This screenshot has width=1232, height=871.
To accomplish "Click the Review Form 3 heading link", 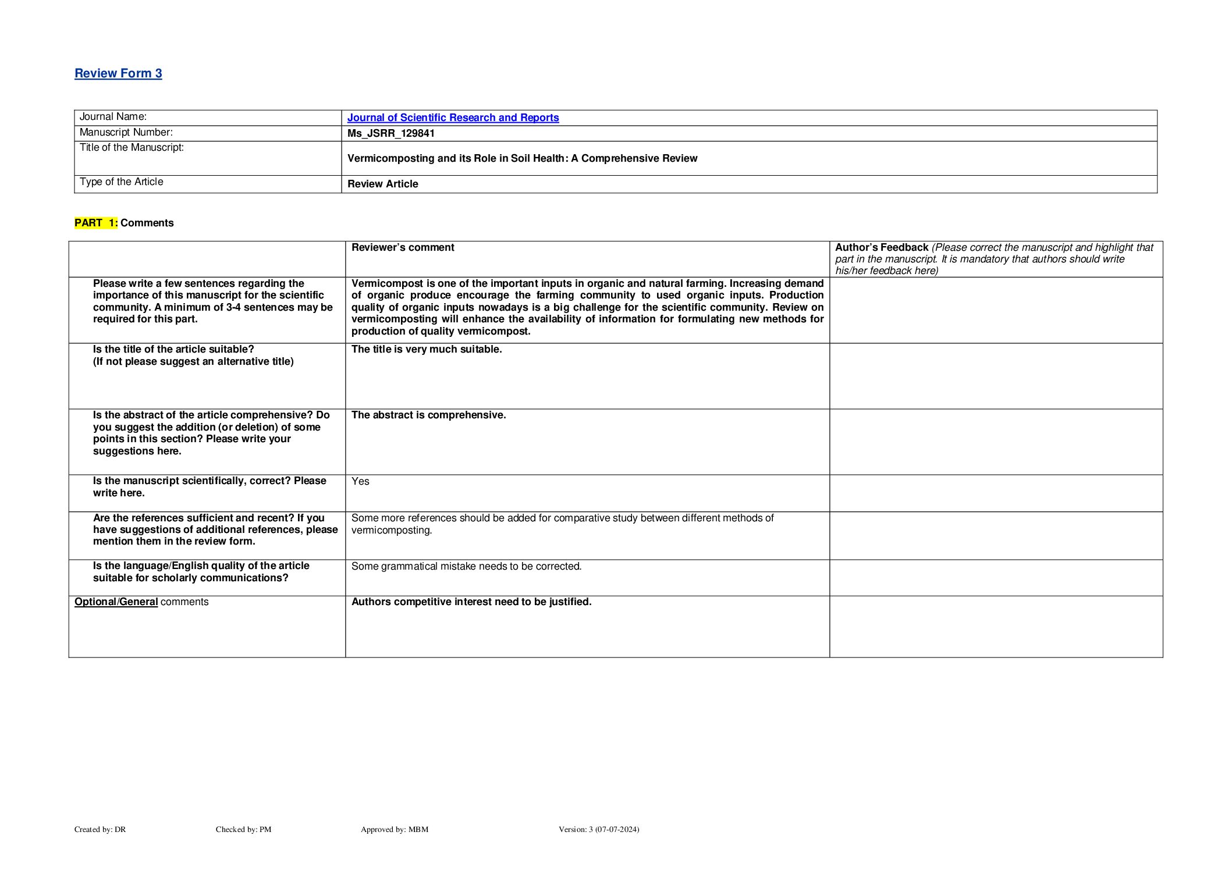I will coord(118,73).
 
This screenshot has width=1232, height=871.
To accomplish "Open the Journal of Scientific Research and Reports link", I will coord(453,118).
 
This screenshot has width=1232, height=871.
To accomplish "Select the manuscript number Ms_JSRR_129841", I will coord(390,133).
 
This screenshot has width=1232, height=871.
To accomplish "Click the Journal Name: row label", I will coord(113,117).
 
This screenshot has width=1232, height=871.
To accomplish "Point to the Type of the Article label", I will coord(121,182).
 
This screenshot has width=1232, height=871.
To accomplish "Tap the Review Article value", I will coord(382,184).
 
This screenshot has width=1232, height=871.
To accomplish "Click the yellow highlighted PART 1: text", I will coord(96,223).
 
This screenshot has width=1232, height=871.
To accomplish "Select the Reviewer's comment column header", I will coord(403,247).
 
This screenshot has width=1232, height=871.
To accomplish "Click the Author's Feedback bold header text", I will coord(881,247).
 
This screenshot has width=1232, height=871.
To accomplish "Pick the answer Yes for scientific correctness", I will coord(360,481).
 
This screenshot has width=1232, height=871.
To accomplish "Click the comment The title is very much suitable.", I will coord(426,349).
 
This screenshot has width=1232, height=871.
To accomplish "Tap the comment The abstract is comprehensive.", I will coord(428,415).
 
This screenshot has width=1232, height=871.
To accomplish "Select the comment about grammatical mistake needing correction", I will coord(466,566).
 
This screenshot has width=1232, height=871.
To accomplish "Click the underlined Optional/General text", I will coord(116,602).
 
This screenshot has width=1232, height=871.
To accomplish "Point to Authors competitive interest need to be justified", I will coord(471,602).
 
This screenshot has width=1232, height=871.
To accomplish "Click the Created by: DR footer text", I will coord(100,829).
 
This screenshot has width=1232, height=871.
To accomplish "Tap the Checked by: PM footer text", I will coord(243,829).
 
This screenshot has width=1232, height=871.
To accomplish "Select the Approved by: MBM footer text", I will coord(394,829).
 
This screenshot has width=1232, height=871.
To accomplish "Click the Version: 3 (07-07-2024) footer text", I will coord(598,829).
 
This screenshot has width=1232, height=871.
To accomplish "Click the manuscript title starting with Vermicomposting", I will coord(522,158).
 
